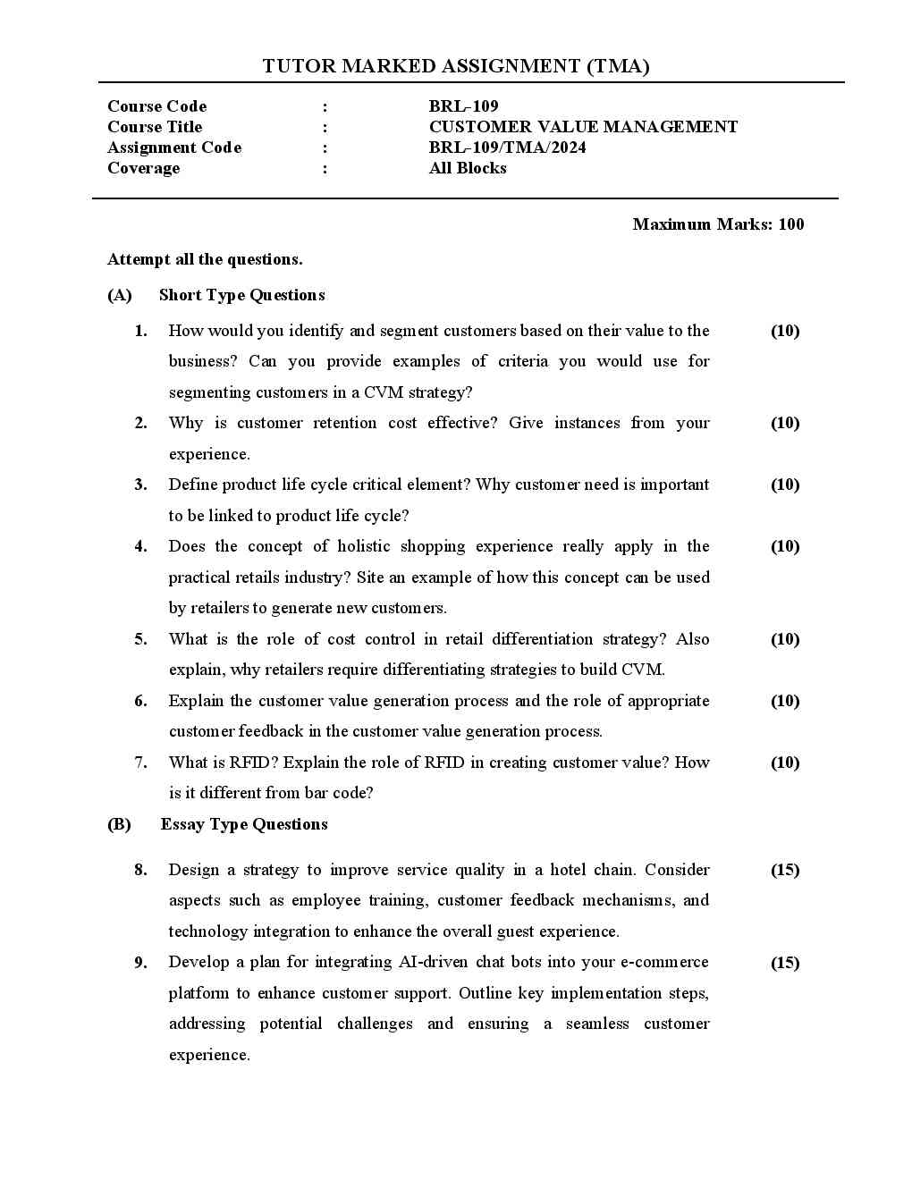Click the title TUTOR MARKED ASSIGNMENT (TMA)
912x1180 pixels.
(x=456, y=66)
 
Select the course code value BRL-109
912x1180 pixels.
(x=463, y=106)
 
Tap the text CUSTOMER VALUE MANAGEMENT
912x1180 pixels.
(x=583, y=127)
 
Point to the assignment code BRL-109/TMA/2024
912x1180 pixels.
(x=507, y=147)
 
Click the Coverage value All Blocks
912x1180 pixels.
(x=468, y=168)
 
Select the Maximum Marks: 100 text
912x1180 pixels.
(x=718, y=224)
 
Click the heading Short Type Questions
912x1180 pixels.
(x=241, y=295)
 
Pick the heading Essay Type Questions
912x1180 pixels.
(x=244, y=824)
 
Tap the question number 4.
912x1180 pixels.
(x=141, y=546)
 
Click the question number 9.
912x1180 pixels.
(x=141, y=963)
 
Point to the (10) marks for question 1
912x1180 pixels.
(x=785, y=331)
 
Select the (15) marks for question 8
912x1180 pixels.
(x=785, y=870)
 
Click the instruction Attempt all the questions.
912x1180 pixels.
(x=205, y=259)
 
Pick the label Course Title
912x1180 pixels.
(x=155, y=127)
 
